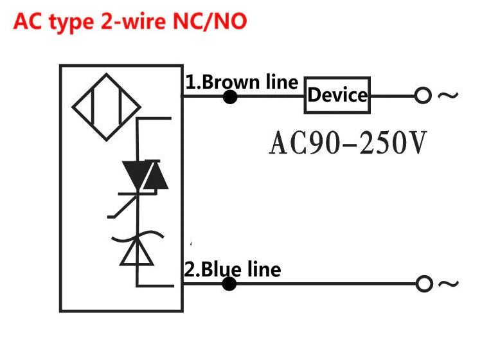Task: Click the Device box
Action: tap(337, 96)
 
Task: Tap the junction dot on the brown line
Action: tap(229, 97)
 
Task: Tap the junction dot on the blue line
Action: tap(229, 283)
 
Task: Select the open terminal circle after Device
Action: tap(422, 96)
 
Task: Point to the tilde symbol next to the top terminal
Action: tap(448, 96)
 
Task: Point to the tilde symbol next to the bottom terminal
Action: tap(449, 283)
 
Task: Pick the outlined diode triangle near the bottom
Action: tap(137, 252)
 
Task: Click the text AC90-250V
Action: tap(347, 143)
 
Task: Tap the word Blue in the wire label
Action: tap(217, 269)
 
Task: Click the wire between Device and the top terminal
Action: tap(393, 96)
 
